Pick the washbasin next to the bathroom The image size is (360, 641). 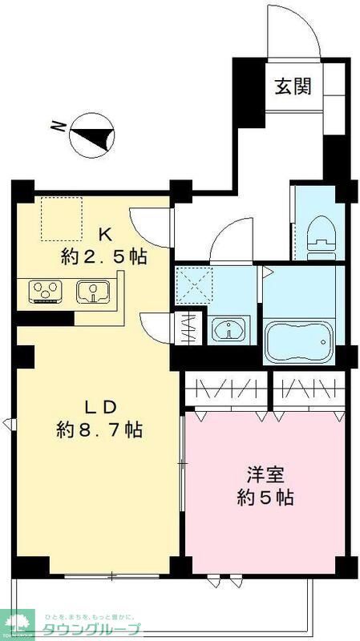(229, 330)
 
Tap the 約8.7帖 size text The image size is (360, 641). (99, 430)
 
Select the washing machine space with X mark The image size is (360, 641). (192, 283)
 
